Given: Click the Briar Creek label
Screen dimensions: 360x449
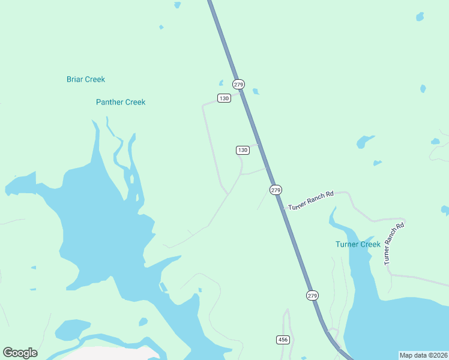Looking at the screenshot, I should pyautogui.click(x=85, y=79).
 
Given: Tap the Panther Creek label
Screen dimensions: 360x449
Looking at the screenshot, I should pyautogui.click(x=121, y=102).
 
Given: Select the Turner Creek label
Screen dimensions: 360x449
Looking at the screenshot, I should pyautogui.click(x=358, y=244).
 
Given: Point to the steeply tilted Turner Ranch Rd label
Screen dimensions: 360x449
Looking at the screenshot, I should pyautogui.click(x=394, y=243).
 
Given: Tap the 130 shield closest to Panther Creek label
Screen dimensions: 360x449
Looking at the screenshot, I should pyautogui.click(x=224, y=98).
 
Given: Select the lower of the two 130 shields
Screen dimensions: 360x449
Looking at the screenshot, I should pyautogui.click(x=243, y=150).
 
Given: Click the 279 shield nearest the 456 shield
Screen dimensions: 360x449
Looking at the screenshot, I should pyautogui.click(x=312, y=295).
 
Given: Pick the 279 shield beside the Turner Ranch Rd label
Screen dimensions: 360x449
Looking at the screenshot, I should pyautogui.click(x=276, y=190).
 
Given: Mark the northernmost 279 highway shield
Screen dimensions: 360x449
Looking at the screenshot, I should pyautogui.click(x=239, y=84).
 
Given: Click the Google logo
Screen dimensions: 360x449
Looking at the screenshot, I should pyautogui.click(x=20, y=353).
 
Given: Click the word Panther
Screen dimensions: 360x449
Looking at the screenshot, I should pyautogui.click(x=109, y=102).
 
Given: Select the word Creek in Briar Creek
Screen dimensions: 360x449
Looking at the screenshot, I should pyautogui.click(x=95, y=79).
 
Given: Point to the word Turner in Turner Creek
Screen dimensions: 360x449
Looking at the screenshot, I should pyautogui.click(x=346, y=244).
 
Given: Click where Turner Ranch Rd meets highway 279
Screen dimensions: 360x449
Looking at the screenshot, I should pyautogui.click(x=283, y=208).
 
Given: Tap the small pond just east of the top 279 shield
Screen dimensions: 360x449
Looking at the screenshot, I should pyautogui.click(x=256, y=91).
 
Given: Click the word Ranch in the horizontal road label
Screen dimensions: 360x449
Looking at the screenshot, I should pyautogui.click(x=316, y=199).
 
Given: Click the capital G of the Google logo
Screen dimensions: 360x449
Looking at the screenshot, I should pyautogui.click(x=8, y=353).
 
